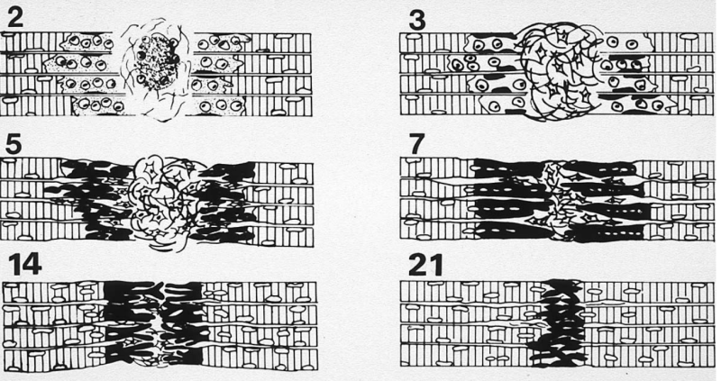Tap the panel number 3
417,20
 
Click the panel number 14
25,265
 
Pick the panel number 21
425,266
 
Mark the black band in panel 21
556,323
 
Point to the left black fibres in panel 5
95,201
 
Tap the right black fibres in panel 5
226,201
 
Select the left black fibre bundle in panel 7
510,200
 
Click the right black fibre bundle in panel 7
603,201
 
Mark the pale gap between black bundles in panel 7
555,201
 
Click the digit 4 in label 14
32,265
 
